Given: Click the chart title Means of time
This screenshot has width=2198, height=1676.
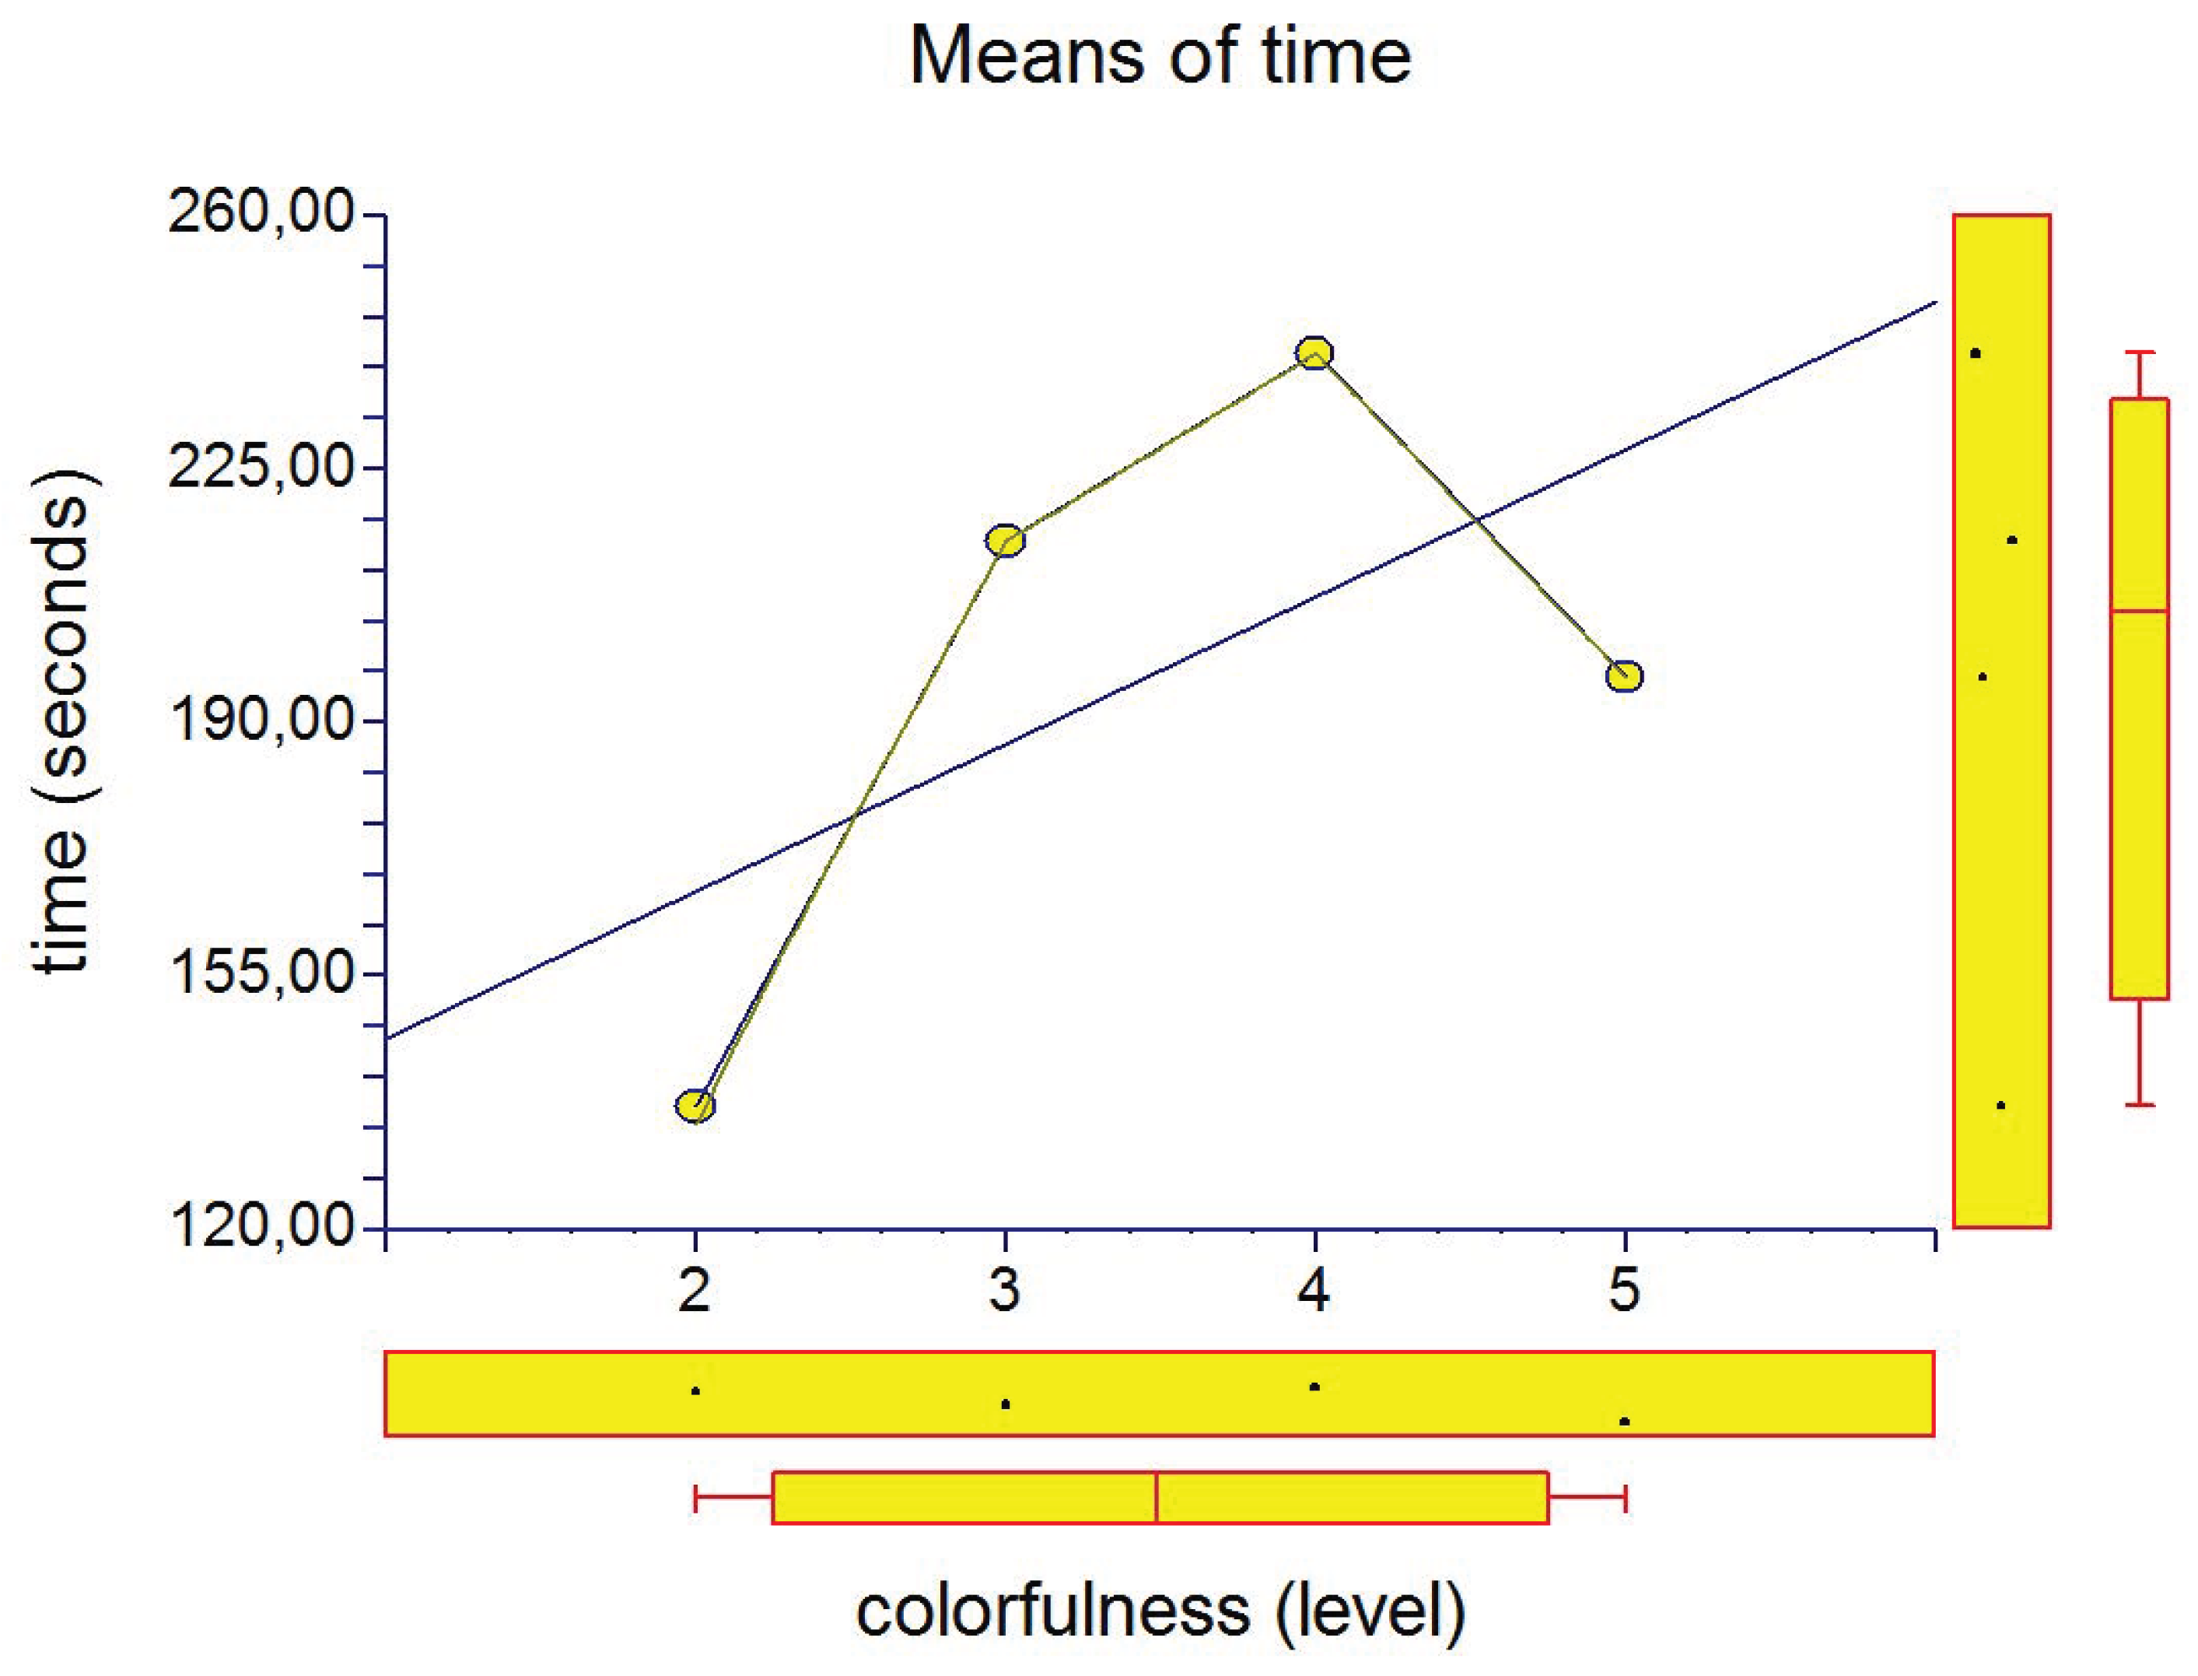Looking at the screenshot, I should coord(1160,56).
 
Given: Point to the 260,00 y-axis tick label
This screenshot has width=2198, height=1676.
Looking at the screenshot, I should coord(261,212).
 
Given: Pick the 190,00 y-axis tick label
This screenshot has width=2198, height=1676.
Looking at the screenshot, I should coord(261,719).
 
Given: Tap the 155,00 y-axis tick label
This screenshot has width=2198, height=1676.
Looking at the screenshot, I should coord(261,973).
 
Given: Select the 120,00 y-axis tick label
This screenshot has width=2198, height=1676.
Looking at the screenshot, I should coord(261,1226).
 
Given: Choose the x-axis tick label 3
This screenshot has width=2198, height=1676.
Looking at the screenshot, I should coord(1005,1290).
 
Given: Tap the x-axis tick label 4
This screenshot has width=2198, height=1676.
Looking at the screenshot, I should coord(1314,1290).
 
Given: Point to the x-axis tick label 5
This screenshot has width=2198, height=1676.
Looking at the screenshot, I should coord(1625,1290).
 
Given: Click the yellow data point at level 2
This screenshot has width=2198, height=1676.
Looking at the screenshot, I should coord(695,1106).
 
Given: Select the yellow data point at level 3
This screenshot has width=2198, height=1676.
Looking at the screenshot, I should coord(1005,541).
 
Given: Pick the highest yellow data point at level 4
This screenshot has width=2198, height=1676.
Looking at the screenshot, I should coord(1314,352).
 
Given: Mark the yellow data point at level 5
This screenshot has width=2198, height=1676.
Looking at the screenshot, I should coord(1625,676).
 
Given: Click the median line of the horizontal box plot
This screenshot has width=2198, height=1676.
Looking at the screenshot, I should coord(1157,1497).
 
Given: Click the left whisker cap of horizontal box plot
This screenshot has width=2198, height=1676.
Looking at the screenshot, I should coord(696,1497).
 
